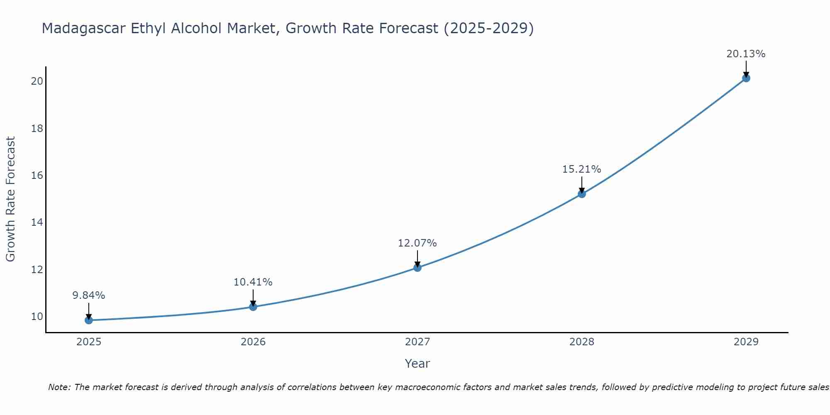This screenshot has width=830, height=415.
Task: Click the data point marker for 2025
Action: click(88, 320)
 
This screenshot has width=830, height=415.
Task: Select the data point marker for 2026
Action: click(253, 307)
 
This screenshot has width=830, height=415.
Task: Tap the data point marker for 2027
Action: click(417, 268)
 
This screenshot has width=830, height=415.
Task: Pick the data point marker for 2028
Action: click(582, 194)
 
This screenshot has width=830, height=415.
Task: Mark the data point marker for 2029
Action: click(746, 78)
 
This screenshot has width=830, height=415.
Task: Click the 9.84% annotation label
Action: click(88, 295)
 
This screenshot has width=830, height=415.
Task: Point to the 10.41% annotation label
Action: click(253, 282)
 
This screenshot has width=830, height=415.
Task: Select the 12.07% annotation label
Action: click(417, 243)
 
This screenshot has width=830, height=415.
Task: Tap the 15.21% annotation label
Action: click(581, 169)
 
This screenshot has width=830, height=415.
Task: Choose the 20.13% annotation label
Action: click(746, 54)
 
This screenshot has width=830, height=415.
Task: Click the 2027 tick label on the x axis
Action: click(417, 342)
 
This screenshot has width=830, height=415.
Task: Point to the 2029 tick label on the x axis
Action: click(746, 342)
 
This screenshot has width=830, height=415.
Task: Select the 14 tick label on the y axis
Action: click(37, 222)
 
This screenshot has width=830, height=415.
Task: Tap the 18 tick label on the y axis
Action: click(37, 128)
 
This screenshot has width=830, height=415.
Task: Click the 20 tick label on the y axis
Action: click(37, 81)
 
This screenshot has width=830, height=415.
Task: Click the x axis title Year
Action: click(417, 364)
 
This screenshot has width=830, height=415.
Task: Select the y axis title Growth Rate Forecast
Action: click(10, 199)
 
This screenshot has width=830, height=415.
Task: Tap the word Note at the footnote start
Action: click(59, 387)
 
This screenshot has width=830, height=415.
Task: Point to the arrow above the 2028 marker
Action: click(582, 185)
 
